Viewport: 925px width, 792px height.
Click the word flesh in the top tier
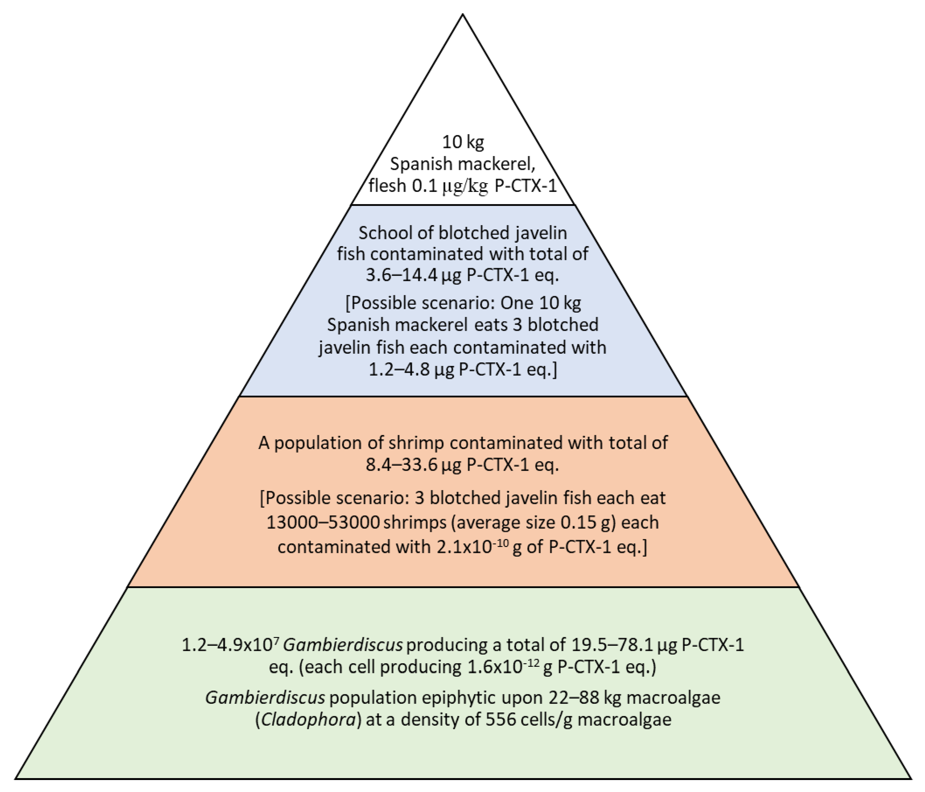coord(387,186)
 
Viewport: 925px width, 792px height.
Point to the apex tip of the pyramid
coord(463,15)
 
